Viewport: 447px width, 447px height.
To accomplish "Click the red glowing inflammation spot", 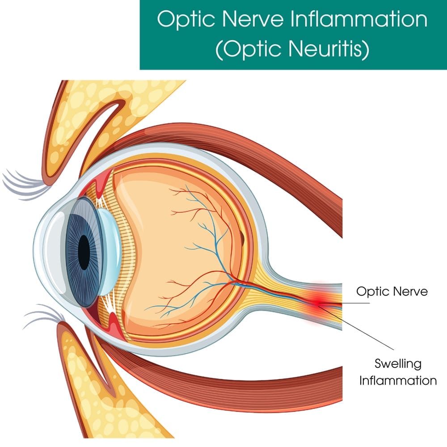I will (x=318, y=300).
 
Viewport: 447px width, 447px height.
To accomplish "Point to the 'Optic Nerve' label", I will (x=392, y=291).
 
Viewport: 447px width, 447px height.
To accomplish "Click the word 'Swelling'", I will (x=398, y=363).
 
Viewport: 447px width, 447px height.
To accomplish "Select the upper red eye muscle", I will (x=250, y=148).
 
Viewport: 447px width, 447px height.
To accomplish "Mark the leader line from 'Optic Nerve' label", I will (x=353, y=303).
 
